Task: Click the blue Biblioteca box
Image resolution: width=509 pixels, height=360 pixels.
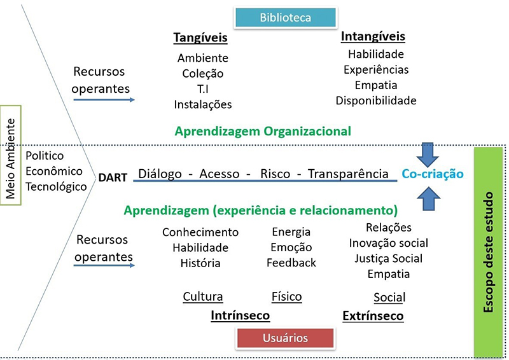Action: click(285, 18)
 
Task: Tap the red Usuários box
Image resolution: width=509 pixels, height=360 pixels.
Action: click(285, 338)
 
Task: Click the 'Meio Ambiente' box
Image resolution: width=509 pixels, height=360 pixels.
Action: click(11, 155)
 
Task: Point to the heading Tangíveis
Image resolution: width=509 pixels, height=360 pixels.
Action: click(200, 38)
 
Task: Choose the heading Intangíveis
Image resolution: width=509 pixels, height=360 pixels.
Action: click(373, 36)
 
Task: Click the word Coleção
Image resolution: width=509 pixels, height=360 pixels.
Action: click(202, 74)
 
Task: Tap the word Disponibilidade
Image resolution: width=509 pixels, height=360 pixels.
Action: click(376, 100)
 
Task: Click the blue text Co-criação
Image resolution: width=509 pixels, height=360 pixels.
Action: click(432, 174)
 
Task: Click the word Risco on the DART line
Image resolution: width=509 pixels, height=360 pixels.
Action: click(277, 174)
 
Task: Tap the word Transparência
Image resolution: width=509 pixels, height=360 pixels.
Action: click(348, 174)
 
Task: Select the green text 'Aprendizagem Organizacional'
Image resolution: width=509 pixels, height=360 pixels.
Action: click(263, 132)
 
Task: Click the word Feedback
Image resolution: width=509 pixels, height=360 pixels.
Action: click(291, 263)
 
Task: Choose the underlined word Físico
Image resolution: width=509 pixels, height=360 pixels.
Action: click(286, 296)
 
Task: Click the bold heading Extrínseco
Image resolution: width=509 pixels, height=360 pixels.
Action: click(373, 316)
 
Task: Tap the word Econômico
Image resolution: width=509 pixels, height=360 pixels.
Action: click(54, 171)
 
